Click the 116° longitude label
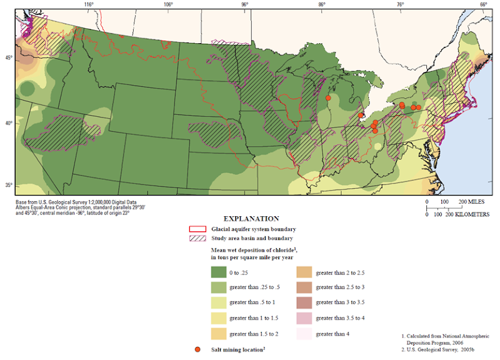pos(89,5)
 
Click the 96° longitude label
pos(244,5)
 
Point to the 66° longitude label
pos(483,5)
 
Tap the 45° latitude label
pos(9,58)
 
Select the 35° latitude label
pos(9,185)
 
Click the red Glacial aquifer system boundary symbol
pos(197,229)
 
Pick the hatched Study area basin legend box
pos(197,238)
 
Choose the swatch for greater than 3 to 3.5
pos(304,302)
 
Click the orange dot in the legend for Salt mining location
pos(197,349)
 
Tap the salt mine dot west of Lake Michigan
pos(328,97)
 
